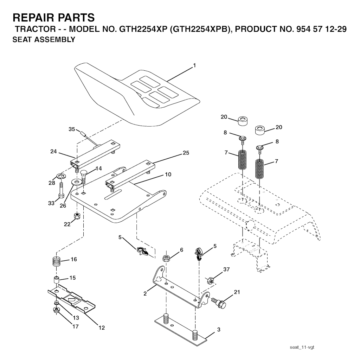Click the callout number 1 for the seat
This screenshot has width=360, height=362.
194,65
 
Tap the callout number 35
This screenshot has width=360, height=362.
72,129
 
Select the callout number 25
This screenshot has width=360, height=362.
186,153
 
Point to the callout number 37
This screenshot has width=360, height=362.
226,269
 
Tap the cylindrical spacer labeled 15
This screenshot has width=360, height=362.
57,280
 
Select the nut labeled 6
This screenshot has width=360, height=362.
166,258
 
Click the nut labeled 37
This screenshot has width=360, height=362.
210,281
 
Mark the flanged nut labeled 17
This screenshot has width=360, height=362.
56,310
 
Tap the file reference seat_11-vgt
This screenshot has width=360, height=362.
302,347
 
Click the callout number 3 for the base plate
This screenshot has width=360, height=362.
219,329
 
